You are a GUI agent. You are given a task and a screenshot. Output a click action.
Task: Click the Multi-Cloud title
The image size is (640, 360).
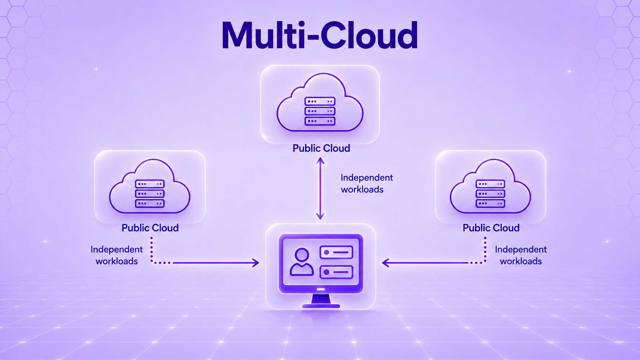(320, 36)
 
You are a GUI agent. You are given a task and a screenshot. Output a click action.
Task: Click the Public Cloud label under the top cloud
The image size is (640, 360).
(321, 148)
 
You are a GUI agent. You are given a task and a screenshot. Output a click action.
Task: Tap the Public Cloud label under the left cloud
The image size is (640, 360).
(150, 228)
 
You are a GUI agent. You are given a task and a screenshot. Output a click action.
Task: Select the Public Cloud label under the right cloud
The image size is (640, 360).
(491, 228)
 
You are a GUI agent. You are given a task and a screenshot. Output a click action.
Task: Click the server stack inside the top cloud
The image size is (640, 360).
(320, 111)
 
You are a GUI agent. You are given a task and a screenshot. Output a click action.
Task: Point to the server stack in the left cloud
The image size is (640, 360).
(150, 194)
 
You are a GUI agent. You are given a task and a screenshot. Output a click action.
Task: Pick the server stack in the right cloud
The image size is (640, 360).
(490, 194)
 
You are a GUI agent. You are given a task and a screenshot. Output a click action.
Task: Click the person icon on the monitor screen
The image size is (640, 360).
(302, 262)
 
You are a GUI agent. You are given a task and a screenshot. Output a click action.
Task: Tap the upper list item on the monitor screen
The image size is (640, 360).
(336, 252)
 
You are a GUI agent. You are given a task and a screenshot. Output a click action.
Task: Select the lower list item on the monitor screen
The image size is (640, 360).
(336, 272)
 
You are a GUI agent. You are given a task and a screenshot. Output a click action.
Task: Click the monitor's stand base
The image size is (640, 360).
(321, 306)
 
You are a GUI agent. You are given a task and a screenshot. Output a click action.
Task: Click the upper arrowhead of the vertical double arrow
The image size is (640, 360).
(320, 160)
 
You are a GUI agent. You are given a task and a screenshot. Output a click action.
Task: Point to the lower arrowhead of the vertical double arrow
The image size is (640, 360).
(320, 216)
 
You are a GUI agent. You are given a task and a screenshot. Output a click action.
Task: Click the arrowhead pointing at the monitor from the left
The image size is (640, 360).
(255, 263)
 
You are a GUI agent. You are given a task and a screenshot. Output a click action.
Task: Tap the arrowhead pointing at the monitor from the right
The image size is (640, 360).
(386, 263)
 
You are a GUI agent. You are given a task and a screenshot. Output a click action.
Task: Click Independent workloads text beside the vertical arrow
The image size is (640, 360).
(367, 184)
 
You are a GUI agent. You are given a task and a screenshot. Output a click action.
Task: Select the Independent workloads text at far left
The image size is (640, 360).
(117, 255)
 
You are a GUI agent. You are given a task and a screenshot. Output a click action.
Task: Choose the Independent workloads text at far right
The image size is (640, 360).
(521, 255)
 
